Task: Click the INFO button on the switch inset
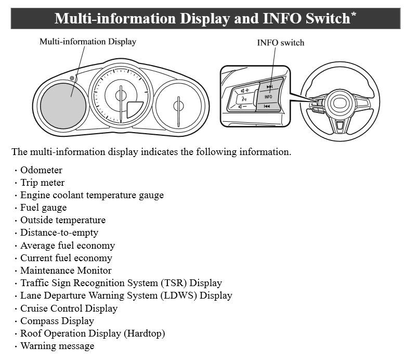coord(268,97)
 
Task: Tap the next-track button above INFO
coord(270,86)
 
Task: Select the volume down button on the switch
coord(243,107)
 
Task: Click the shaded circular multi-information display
coord(63,106)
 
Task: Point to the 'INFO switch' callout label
coord(280,43)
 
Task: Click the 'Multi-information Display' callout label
coord(87,42)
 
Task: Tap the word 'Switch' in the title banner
coord(328,19)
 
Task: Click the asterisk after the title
coord(354,14)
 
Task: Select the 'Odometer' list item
coord(41,170)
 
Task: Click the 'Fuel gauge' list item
coord(44,208)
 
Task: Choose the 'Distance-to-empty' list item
coord(59,233)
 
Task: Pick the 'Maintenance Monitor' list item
coord(66,271)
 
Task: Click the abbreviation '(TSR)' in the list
coord(174,283)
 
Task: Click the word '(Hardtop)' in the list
coord(145,333)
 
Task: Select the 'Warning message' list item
coord(57,346)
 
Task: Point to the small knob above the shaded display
coord(72,78)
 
